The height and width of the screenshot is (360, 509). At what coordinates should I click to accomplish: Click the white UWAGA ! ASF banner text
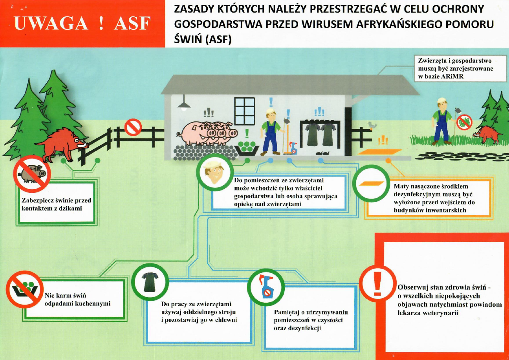[x=82, y=24]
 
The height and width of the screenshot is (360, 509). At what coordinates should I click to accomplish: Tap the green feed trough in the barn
[x=247, y=148]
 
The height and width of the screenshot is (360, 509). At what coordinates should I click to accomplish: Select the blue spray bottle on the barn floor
[x=293, y=148]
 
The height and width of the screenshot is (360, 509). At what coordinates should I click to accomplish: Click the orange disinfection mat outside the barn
[x=380, y=152]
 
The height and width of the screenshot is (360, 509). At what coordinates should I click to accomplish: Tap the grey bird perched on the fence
[x=372, y=125]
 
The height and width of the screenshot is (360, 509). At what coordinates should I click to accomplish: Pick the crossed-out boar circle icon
[x=31, y=174]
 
